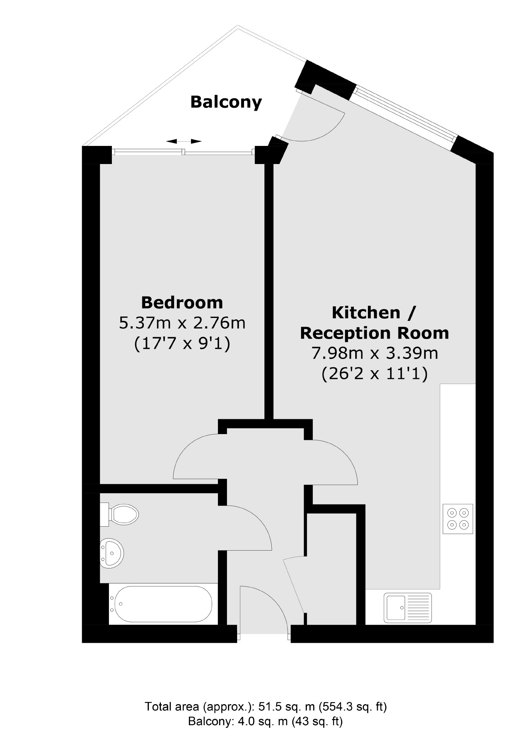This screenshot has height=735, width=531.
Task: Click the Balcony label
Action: tap(226, 102)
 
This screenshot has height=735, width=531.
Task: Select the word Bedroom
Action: tap(182, 302)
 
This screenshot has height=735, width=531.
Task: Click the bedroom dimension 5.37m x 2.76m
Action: tap(182, 323)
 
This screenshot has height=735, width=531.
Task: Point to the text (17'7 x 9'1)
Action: tap(182, 343)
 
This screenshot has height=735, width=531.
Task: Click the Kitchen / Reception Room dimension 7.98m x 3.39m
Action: tap(374, 353)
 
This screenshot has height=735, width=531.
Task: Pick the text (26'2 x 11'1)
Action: tap(374, 373)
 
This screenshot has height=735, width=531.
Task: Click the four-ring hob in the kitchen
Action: tap(458, 519)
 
